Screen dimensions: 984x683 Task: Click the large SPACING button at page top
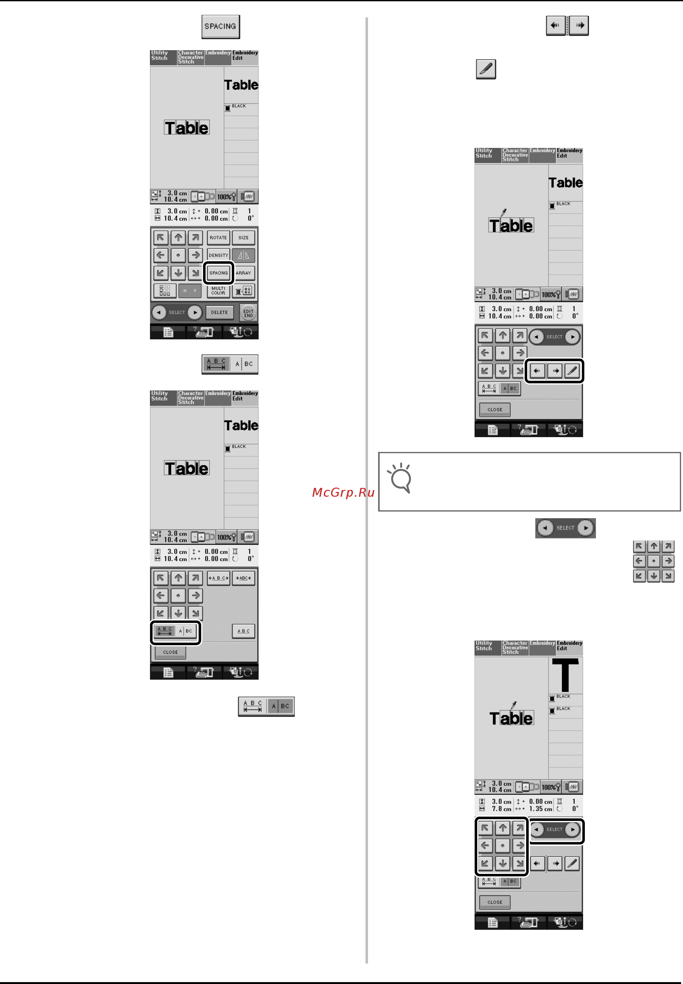click(220, 26)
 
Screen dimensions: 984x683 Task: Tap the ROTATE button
click(218, 238)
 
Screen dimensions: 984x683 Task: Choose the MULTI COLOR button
click(218, 291)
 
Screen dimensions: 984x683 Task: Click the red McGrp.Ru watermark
click(343, 493)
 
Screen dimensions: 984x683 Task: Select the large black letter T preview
click(565, 675)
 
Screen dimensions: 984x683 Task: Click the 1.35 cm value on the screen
click(540, 809)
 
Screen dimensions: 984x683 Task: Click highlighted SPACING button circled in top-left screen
click(218, 273)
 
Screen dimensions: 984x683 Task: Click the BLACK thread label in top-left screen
click(238, 106)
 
